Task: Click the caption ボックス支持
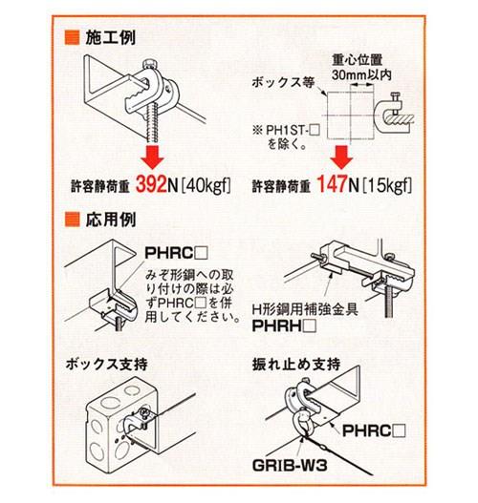click(107, 367)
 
